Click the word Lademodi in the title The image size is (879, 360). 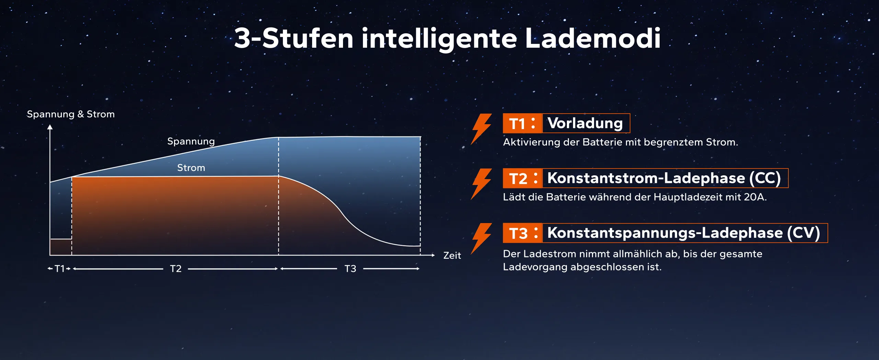pos(593,38)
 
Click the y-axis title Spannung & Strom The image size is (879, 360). pos(71,114)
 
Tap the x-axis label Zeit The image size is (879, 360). pos(452,255)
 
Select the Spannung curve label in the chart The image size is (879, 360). pos(191,141)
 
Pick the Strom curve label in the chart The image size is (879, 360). pos(191,168)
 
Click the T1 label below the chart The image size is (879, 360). pos(60,269)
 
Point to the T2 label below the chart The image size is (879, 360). pos(176,269)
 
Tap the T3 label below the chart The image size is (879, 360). pos(350,269)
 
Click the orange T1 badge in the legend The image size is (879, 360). pos(522,123)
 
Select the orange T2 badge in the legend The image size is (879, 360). pos(522,178)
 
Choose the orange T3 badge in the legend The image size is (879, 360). pos(522,233)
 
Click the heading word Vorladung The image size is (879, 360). pos(585,123)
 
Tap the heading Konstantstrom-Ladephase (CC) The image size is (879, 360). pos(664,178)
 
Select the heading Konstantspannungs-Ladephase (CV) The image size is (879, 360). pos(684,233)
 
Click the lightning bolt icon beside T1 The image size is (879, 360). pos(481,129)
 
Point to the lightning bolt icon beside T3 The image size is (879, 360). pos(481,239)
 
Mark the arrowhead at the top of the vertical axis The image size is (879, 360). pos(50,127)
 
